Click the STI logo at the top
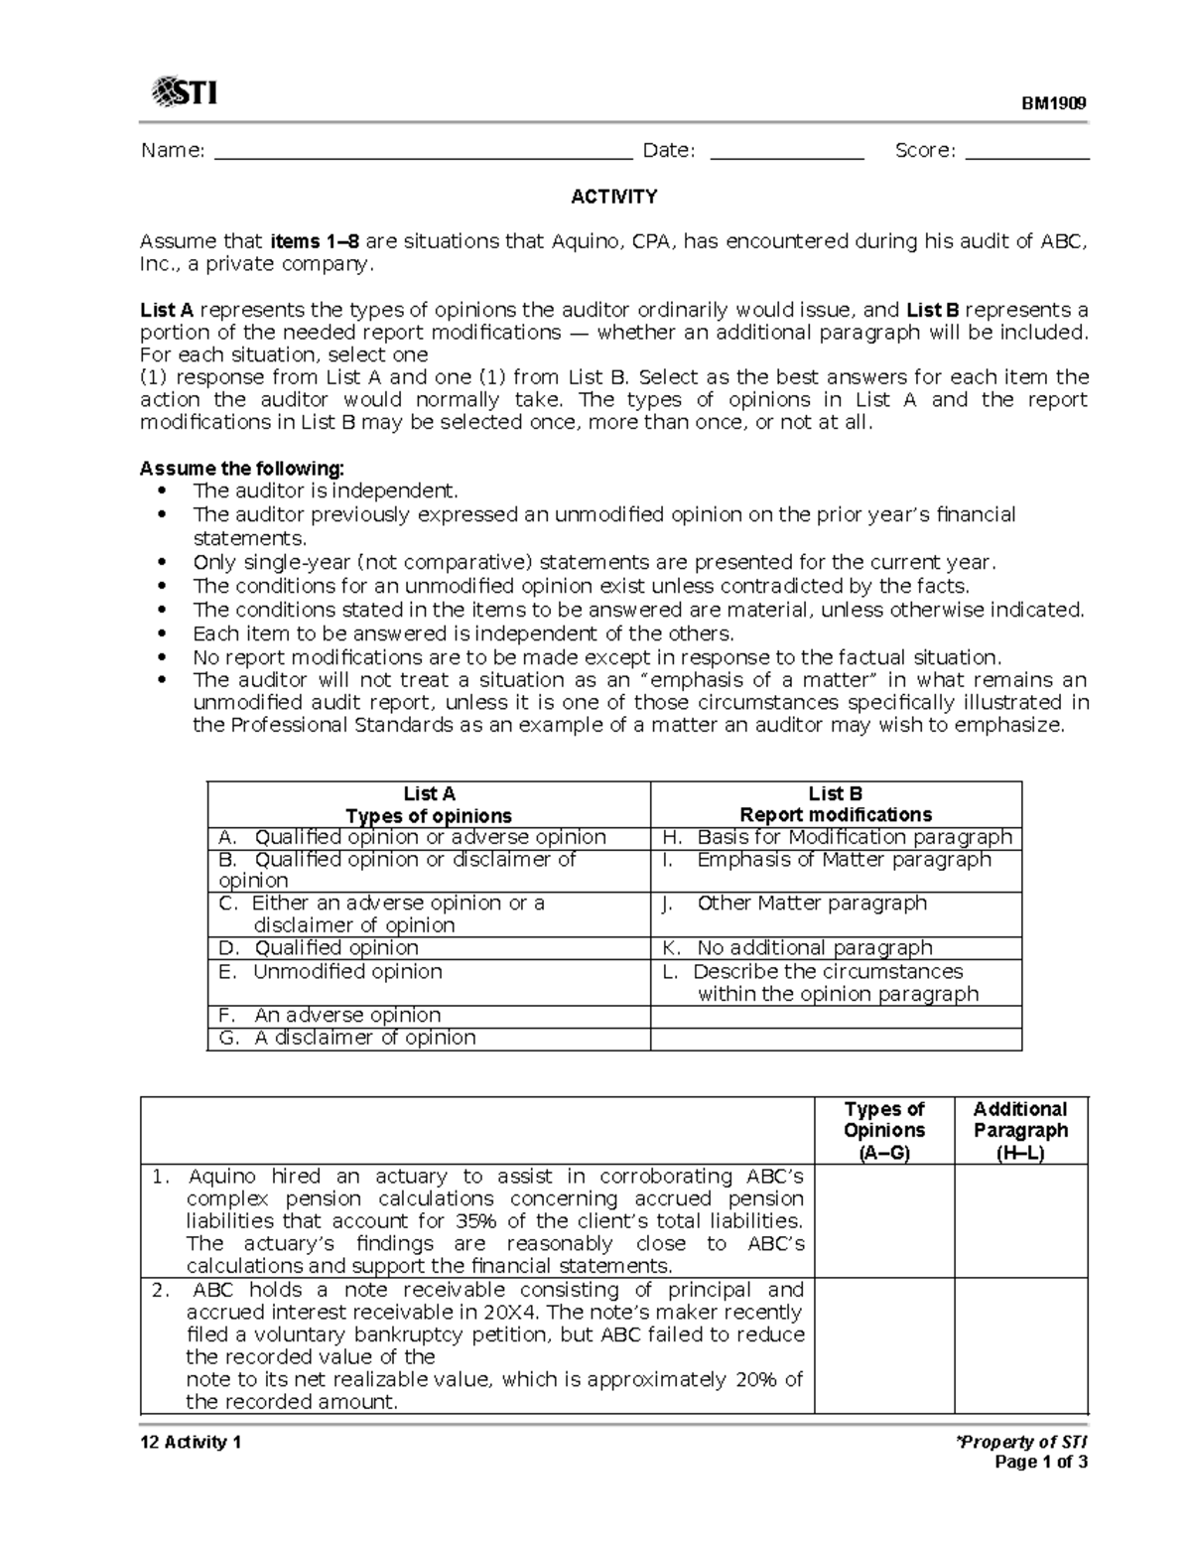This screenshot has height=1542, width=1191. [x=185, y=93]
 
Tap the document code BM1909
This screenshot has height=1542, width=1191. [x=1055, y=103]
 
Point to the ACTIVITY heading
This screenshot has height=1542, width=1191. [x=613, y=197]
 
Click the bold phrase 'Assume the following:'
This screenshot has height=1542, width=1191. [x=242, y=468]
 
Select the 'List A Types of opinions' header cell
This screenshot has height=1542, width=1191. [x=429, y=804]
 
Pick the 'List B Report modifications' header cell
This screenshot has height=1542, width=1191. [x=836, y=804]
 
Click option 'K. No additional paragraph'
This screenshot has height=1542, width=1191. [x=814, y=947]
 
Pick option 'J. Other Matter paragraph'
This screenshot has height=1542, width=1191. [x=811, y=903]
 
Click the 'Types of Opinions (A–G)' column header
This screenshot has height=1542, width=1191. [x=884, y=1130]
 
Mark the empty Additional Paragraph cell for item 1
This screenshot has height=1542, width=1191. [x=1020, y=1220]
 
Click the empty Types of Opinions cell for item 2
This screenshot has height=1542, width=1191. [x=884, y=1345]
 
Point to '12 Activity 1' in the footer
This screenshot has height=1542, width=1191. [x=191, y=1442]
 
